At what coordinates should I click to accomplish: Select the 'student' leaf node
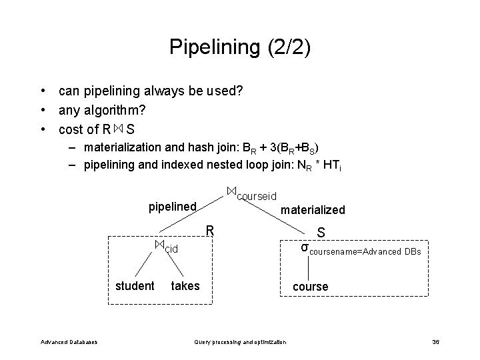(135, 286)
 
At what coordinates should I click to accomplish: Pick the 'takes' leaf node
(185, 286)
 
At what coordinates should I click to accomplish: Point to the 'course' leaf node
(311, 287)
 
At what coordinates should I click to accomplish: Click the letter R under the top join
(209, 231)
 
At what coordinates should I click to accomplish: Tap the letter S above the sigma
(321, 233)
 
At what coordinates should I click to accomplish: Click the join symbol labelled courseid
(231, 191)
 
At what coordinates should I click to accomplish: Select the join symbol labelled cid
(159, 245)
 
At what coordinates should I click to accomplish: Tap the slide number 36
(435, 342)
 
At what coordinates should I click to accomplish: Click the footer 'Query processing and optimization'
(240, 342)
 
